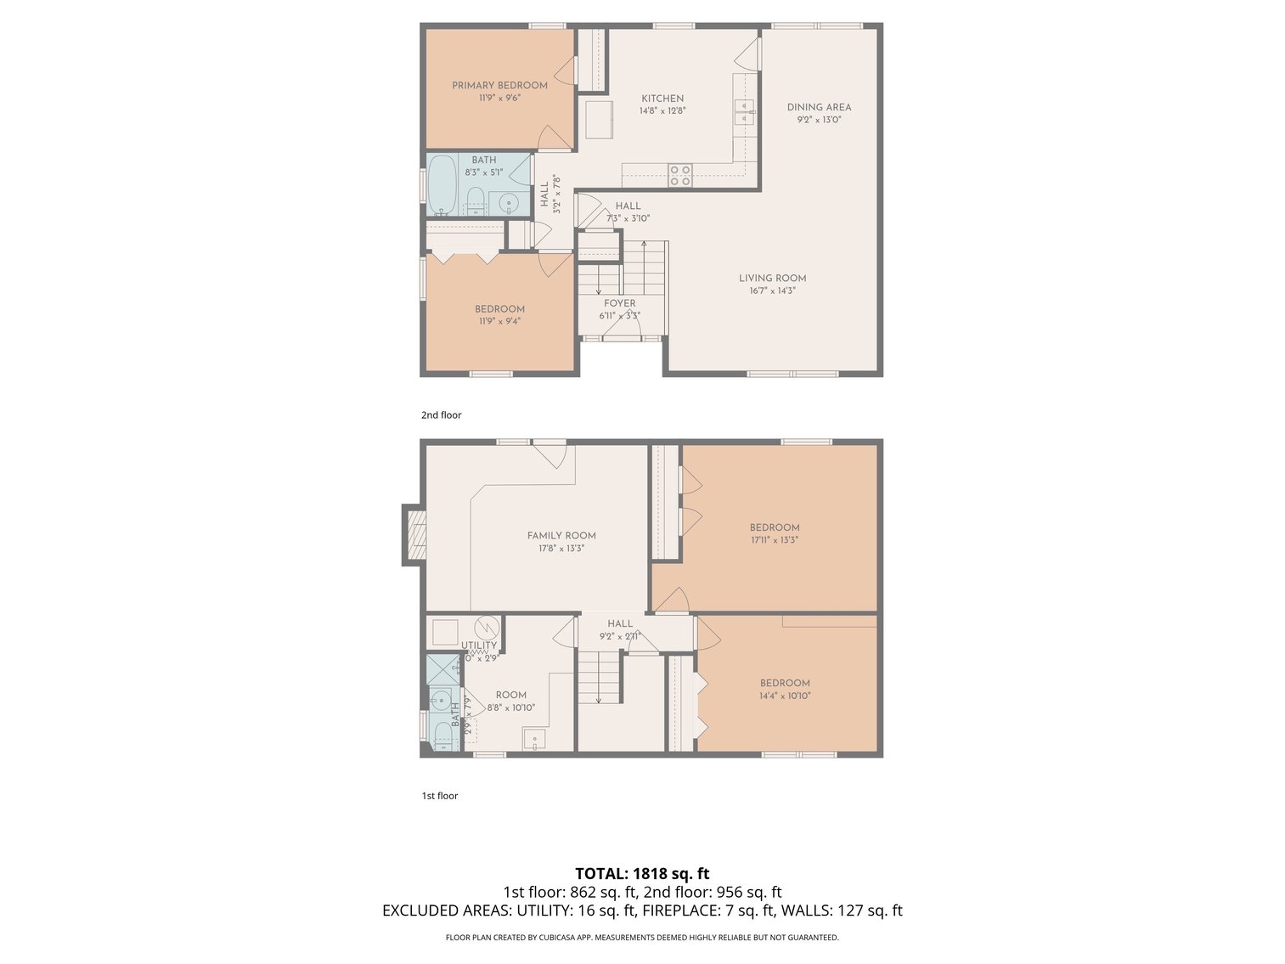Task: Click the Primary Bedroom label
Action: click(499, 85)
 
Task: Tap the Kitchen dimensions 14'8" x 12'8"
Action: click(662, 110)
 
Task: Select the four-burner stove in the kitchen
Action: click(679, 175)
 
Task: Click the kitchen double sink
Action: click(744, 111)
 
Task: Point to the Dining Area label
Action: click(819, 107)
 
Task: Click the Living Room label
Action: click(772, 278)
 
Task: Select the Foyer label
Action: click(619, 303)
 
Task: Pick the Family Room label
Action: click(561, 535)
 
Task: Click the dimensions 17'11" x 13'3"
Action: click(775, 539)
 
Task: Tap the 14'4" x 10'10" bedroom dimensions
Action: click(785, 696)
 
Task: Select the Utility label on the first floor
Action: click(479, 645)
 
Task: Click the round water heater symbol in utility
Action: click(487, 628)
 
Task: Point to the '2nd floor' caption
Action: click(441, 415)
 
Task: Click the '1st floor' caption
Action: click(440, 796)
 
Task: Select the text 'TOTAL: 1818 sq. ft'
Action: click(642, 873)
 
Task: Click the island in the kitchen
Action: click(600, 119)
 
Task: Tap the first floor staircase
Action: click(599, 677)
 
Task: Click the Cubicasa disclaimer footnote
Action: click(642, 938)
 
